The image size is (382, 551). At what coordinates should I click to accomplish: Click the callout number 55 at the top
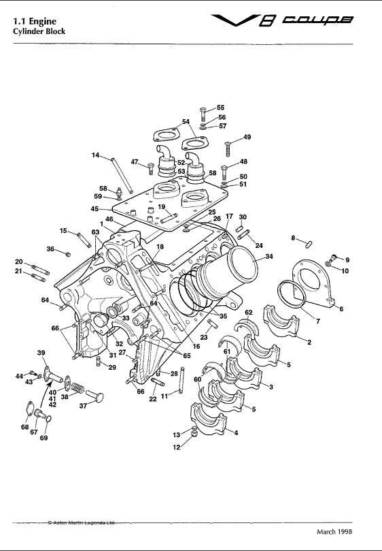220,108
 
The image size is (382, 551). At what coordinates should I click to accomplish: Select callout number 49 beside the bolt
247,138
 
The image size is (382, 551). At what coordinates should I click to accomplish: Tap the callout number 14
96,155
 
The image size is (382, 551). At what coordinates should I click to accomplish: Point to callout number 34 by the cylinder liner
269,257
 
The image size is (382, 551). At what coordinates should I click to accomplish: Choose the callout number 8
293,238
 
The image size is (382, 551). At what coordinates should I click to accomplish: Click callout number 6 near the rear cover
341,309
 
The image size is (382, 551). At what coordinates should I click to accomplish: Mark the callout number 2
309,343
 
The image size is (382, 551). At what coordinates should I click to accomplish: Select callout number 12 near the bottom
177,447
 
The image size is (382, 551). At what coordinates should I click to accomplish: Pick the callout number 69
45,438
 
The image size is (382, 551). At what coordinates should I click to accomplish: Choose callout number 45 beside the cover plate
94,209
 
